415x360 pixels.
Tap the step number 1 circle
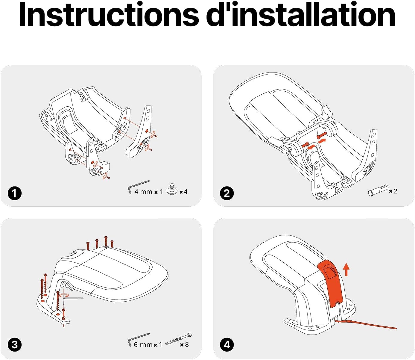15,193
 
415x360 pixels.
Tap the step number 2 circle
227,193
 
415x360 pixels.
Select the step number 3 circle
15,344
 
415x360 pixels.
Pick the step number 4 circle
227,344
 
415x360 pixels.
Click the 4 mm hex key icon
138,186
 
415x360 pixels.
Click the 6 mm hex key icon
138,339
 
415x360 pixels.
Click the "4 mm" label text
143,192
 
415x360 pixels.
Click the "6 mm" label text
143,345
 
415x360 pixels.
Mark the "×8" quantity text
184,345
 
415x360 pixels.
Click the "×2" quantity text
393,191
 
